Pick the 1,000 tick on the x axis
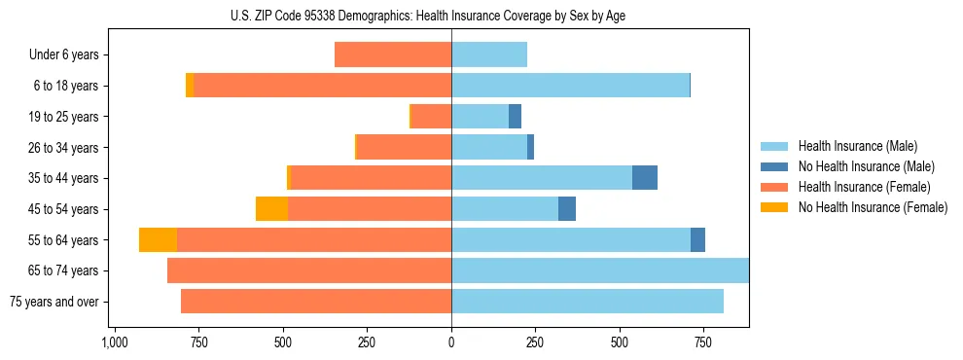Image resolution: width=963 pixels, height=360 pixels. tap(115, 343)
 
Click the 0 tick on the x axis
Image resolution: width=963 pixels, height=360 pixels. tap(451, 343)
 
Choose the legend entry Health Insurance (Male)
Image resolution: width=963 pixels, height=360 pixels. tap(857, 147)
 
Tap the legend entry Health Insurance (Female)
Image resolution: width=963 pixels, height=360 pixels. tap(864, 187)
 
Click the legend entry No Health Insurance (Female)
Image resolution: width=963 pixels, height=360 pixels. tap(873, 207)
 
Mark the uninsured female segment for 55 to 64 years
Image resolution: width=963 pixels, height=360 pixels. tap(158, 240)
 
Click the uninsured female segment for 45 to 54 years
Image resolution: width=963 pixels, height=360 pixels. tap(271, 209)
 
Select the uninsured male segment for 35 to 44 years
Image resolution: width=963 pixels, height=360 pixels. tap(645, 178)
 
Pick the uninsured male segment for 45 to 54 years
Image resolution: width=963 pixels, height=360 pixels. tap(567, 209)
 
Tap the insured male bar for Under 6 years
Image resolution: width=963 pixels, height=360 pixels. tap(489, 55)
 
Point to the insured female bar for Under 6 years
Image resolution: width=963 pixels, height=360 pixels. tap(393, 55)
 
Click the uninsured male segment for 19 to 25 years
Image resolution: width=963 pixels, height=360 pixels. tap(516, 117)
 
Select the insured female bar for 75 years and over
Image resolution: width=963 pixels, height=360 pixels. tap(316, 302)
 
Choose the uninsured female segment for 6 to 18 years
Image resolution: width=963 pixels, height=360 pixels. tap(190, 86)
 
